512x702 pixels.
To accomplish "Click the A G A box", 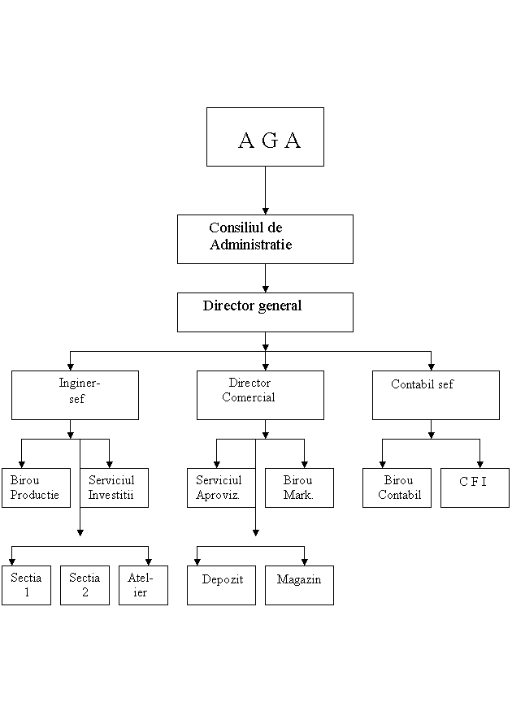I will (x=265, y=136).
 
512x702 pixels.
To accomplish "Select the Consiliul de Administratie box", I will (x=265, y=239).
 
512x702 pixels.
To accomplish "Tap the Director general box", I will (x=265, y=312).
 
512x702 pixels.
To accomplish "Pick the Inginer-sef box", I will (x=75, y=395).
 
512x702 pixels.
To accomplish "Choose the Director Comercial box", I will (x=260, y=395).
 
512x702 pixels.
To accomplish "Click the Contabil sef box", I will (x=436, y=395).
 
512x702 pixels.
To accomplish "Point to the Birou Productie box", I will (x=36, y=487).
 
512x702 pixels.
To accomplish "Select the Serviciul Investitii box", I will (x=114, y=487).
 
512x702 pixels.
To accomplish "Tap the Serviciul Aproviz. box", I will (x=221, y=487).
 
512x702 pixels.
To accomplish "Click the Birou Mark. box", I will (x=299, y=487).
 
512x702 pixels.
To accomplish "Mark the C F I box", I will (x=475, y=487).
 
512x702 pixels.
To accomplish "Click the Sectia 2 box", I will (x=85, y=585).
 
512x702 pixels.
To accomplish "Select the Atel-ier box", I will (x=143, y=585).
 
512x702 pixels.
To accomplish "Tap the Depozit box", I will (x=221, y=585).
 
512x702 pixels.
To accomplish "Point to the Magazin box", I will (x=299, y=585).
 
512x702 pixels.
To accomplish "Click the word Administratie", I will (x=250, y=245).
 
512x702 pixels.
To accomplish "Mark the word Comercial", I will (x=249, y=398).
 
